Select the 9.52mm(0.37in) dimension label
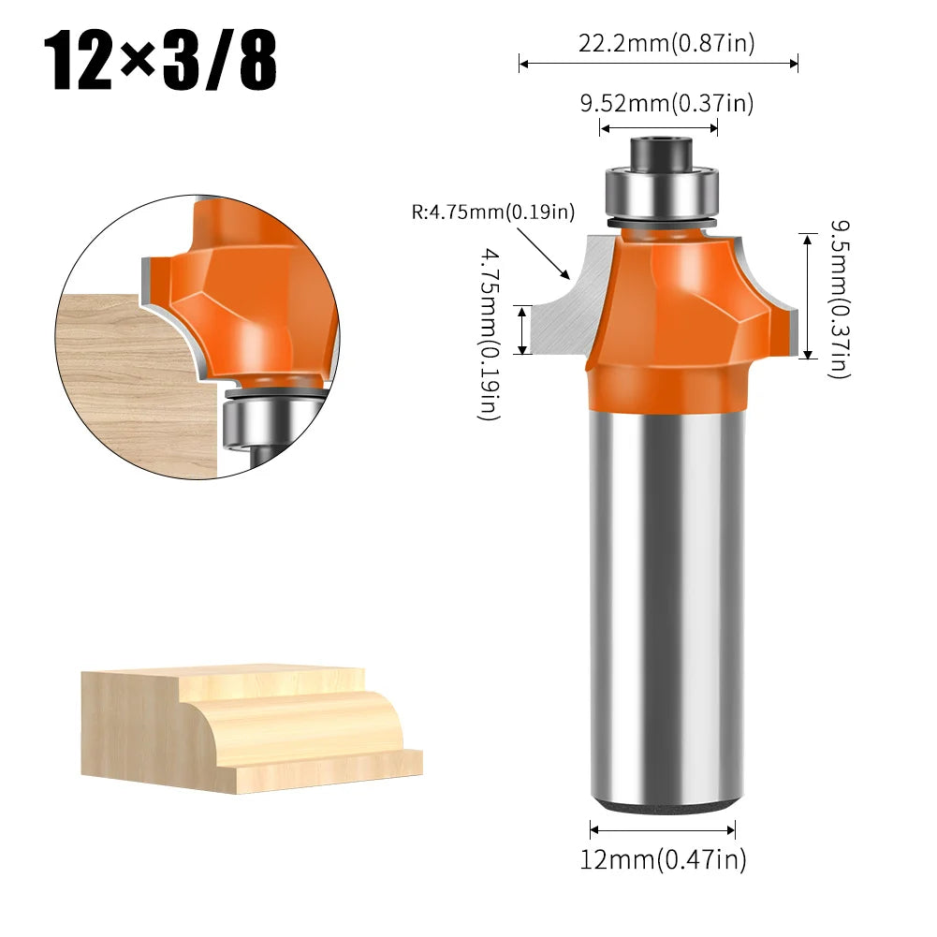pos(666,104)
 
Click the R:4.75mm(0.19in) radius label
pos(492,212)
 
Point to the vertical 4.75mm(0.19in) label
pos(490,332)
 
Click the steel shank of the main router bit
pos(663,608)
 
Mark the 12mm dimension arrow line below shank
pos(663,827)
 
